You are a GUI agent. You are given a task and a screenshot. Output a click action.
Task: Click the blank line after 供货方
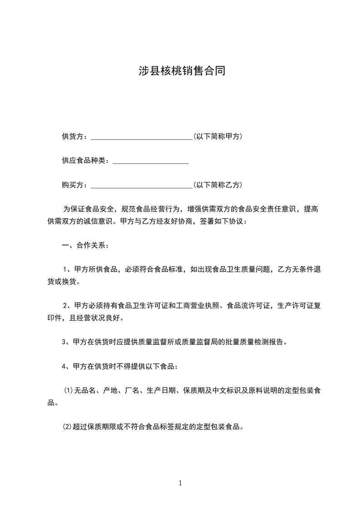point(142,137)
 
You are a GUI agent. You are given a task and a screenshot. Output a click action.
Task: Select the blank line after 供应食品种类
point(150,161)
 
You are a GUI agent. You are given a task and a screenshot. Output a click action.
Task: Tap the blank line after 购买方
point(142,186)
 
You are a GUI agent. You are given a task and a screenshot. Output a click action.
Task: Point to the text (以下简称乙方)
point(217,185)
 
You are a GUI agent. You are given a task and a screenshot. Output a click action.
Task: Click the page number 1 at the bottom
point(180,484)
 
